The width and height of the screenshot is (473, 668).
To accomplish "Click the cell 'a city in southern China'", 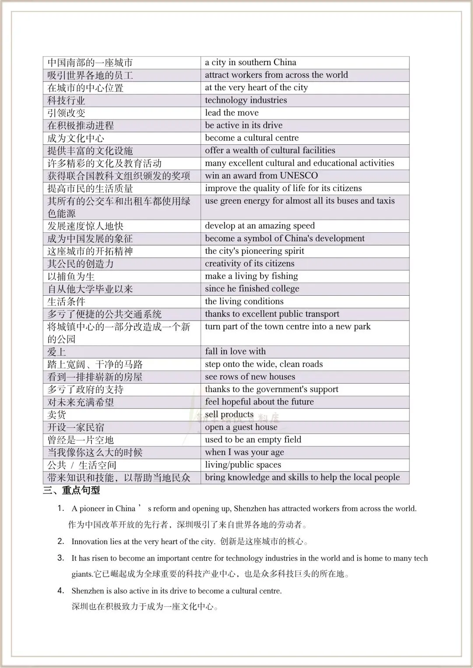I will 251,63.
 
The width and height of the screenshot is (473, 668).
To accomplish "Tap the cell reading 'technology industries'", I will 246,100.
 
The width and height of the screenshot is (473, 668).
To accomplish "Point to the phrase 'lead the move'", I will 232,113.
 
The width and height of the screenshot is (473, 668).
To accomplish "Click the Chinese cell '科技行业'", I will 66,101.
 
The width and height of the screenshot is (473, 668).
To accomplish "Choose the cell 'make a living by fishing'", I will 251,276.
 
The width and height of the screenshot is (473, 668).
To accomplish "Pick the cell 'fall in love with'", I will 235,352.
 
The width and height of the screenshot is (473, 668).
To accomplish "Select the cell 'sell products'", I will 229,415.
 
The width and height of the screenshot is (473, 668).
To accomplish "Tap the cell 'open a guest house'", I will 241,427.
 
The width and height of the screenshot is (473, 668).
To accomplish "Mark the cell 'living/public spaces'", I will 243,465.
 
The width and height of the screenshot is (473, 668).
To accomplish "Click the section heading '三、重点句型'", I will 71,490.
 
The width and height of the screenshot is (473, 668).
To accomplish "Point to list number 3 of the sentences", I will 61,558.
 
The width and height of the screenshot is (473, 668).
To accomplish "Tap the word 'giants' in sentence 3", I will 82,574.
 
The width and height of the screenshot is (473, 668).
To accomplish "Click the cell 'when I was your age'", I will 244,452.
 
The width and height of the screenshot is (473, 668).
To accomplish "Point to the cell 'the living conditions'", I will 244,301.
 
